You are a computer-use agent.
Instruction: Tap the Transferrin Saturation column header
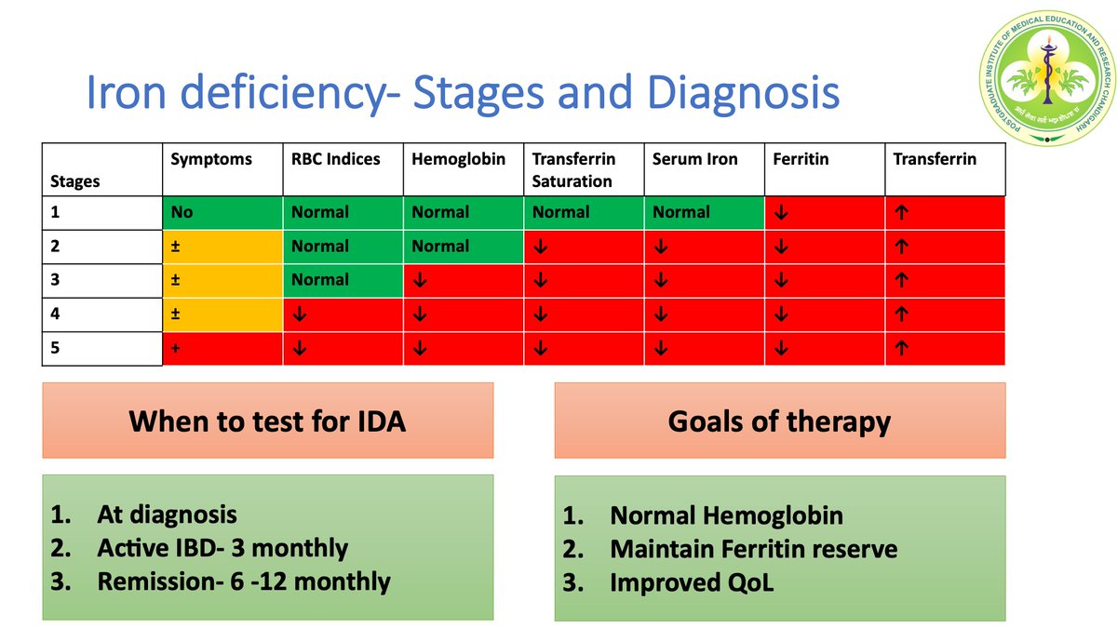pos(573,169)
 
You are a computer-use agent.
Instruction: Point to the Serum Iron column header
pos(694,159)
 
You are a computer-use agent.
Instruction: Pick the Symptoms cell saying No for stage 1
pos(182,212)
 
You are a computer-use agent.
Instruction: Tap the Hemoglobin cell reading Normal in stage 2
pos(440,247)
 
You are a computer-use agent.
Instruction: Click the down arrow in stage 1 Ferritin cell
pos(780,212)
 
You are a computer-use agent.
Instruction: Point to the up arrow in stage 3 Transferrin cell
pos(900,280)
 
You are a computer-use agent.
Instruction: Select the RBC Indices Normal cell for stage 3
pos(320,280)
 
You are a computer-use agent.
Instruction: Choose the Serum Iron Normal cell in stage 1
pos(681,212)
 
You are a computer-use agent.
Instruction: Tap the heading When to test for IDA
pos(267,421)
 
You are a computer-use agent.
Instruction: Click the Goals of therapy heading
pos(779,421)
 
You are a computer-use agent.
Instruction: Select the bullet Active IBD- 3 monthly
pos(222,548)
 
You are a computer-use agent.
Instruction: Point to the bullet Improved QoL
pos(692,582)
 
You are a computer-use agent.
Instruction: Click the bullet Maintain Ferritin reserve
pos(753,549)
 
